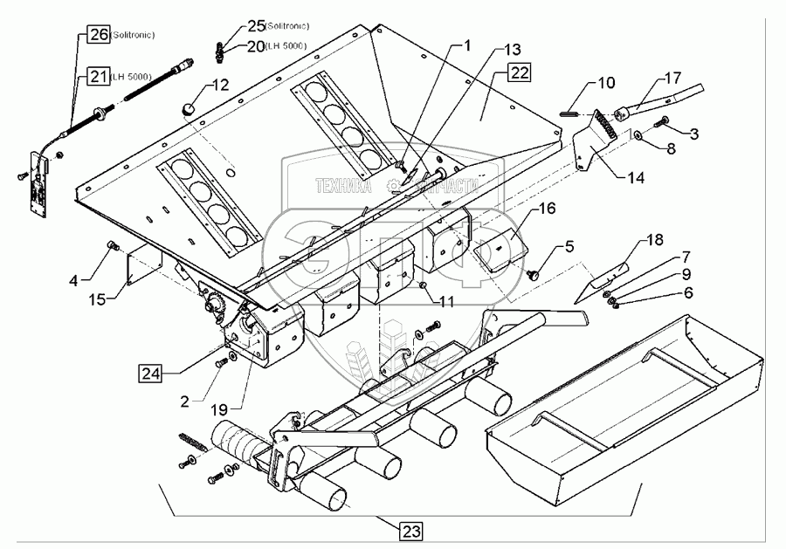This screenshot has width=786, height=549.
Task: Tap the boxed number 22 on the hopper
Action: pyautogui.click(x=519, y=73)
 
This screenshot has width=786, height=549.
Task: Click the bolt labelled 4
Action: pyautogui.click(x=112, y=248)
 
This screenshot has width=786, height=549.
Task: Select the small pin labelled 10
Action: pyautogui.click(x=566, y=111)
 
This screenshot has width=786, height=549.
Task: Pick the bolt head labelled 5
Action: pyautogui.click(x=534, y=275)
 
